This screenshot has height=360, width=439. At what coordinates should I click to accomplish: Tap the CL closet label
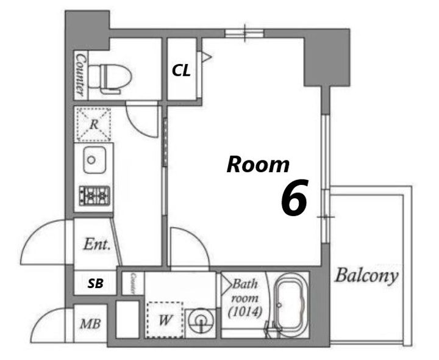point(181,70)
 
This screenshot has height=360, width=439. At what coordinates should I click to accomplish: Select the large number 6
point(294,198)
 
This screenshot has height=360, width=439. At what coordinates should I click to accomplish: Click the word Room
point(258,165)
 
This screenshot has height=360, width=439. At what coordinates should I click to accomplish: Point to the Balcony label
point(366,275)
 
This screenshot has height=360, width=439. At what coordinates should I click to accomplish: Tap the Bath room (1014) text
point(245,298)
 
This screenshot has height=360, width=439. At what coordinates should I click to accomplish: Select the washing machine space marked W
point(165,320)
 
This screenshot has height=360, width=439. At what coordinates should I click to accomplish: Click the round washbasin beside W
point(201,321)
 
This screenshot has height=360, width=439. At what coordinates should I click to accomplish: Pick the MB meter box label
point(90,324)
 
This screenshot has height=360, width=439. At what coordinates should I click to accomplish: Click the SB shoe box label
point(96,284)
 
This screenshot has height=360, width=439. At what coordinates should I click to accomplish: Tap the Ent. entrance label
point(96,244)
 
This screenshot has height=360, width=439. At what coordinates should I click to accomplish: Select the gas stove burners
point(95,196)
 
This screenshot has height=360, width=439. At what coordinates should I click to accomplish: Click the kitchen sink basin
point(95,160)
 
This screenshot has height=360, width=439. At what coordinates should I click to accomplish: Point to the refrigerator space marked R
point(94,124)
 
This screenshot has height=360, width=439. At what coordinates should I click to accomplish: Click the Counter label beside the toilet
point(80,75)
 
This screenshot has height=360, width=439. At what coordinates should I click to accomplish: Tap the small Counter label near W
point(134,283)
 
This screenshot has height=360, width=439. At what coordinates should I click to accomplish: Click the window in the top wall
point(244,34)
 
